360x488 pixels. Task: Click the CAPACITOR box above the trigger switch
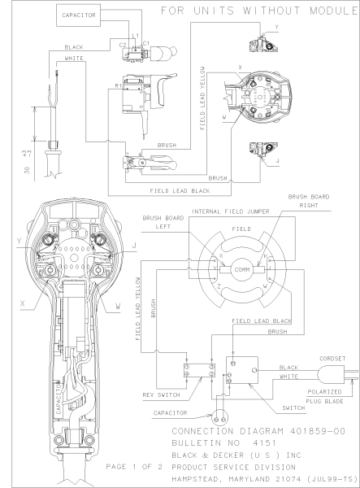[77, 15]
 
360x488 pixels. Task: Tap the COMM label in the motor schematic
[242, 270]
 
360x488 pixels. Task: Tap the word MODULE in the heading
[328, 11]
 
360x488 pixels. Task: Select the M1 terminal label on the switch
[119, 84]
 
